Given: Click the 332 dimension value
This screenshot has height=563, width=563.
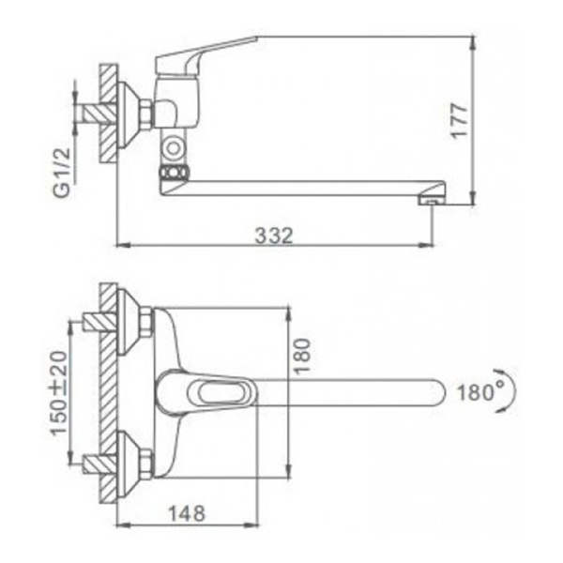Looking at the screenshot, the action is pos(274,236).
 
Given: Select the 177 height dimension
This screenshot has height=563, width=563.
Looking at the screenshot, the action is pos(459,120).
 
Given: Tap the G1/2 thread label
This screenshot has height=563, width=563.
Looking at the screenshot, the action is pos(62,173).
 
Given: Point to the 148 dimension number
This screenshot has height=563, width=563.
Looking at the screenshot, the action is pos(187,513).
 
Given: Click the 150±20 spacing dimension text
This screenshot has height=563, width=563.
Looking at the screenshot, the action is pos(59,393).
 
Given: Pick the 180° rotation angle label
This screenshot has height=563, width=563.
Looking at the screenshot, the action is pos(480,392).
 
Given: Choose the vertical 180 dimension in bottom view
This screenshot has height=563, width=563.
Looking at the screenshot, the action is pos(301,357).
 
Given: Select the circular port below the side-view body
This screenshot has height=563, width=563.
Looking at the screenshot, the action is pos(174,148).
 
